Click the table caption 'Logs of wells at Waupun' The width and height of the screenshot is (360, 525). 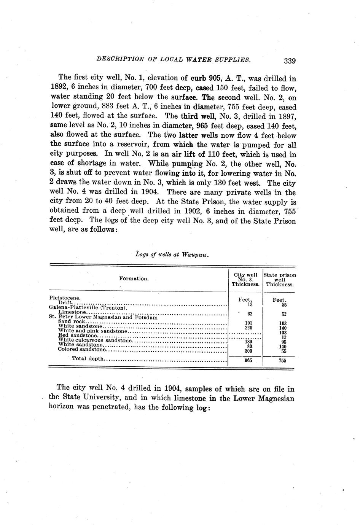172,255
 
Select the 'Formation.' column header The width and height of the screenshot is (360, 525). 134,278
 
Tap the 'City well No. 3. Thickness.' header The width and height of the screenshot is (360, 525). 245,279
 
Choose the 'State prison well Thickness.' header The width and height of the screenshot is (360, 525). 280,279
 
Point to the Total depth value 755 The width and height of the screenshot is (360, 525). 282,361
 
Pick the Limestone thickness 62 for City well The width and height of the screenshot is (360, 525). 250,314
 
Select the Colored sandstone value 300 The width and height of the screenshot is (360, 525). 248,351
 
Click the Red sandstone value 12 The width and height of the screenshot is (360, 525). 283,337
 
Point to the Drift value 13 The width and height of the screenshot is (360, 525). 250,304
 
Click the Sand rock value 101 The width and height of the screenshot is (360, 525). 249,323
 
